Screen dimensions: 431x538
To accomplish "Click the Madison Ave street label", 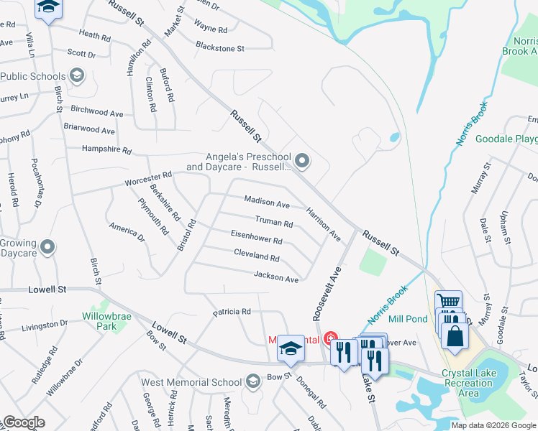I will (267, 203).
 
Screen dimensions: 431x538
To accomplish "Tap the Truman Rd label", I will (273, 223).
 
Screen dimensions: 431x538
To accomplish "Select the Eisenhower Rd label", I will (256, 238).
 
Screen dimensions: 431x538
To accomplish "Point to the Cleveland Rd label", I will (256, 255).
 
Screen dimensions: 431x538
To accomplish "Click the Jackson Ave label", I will (275, 277).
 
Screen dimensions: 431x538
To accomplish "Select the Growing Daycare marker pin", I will (48, 248).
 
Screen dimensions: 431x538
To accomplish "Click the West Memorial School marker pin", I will (252, 381).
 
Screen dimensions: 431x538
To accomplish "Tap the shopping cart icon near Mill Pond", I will (449, 302).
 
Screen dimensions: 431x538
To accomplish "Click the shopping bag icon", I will (455, 335).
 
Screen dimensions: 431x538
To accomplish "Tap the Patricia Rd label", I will (231, 312).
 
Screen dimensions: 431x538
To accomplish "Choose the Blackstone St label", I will (220, 49).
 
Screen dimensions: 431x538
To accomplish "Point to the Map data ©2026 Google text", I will (493, 425).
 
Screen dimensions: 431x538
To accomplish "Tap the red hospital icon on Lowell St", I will (329, 337).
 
